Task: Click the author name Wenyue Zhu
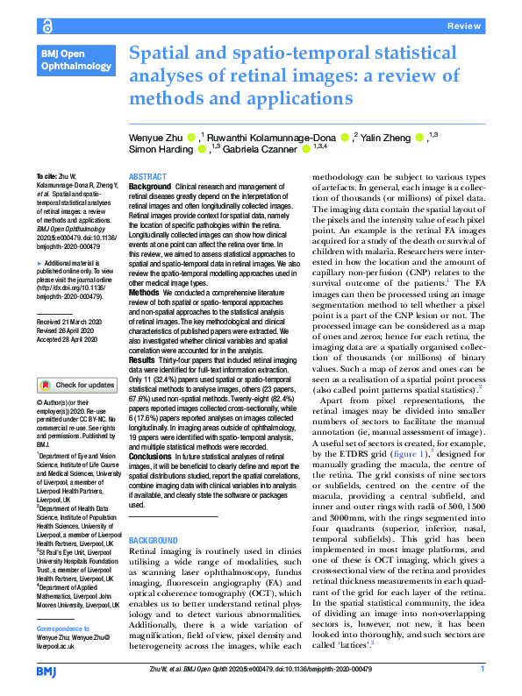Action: [156, 138]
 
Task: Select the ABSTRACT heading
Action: [147, 177]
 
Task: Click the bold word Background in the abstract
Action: [150, 188]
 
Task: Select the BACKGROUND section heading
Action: [154, 540]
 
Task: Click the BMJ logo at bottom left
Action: [47, 671]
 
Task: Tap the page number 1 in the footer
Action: [482, 669]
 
